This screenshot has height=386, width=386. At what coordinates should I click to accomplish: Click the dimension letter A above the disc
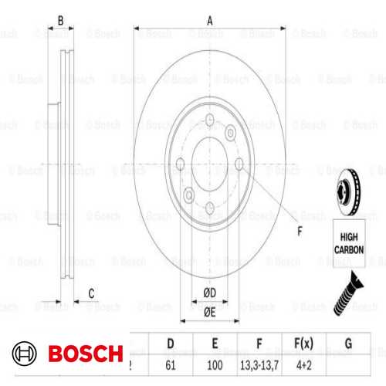point(209,22)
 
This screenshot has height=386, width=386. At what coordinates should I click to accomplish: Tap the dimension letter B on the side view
point(61,22)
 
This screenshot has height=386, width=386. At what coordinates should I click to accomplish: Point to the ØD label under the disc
point(209,292)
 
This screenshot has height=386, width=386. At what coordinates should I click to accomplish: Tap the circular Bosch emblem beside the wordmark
point(25,354)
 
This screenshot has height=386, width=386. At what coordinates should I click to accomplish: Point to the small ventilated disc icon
point(349,186)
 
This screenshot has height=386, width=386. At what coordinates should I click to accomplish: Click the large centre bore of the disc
point(210,164)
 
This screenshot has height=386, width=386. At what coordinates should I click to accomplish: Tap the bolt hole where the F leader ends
point(239,164)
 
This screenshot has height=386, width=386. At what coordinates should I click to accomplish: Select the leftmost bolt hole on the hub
point(181,164)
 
